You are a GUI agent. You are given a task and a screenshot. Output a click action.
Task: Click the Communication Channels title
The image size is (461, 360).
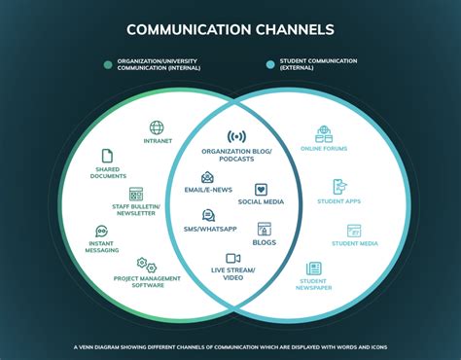click(230, 30)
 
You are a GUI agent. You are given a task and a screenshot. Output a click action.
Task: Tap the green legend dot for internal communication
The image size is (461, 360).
click(108, 65)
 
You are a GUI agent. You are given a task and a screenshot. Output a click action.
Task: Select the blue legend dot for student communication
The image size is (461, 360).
click(269, 65)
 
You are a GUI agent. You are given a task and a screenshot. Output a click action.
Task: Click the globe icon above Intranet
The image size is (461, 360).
click(156, 127)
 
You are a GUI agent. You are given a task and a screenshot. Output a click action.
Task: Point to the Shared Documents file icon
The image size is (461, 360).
click(107, 155)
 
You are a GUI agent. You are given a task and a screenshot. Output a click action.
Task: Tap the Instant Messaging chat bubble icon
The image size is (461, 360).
click(101, 233)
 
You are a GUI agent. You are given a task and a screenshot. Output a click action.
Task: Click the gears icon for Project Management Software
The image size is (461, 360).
click(147, 265)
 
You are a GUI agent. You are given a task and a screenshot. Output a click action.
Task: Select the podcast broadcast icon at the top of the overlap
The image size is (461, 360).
click(236, 137)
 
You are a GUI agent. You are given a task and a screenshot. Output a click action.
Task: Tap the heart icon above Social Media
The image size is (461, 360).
click(262, 190)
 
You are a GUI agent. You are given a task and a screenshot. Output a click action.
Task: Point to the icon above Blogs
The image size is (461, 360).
click(264, 228)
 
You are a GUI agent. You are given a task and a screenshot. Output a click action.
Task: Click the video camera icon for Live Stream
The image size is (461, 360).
click(233, 259)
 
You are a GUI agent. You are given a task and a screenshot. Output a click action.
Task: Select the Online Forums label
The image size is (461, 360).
click(323, 149)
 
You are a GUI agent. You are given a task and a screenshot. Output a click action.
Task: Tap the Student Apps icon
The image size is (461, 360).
click(339, 187)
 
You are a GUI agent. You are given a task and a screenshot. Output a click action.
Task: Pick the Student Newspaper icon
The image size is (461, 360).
click(314, 268)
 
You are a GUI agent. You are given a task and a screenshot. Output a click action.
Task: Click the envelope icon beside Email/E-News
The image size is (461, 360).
click(207, 178)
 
